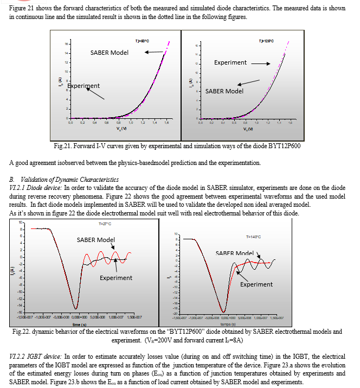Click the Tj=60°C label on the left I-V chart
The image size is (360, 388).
[142, 41]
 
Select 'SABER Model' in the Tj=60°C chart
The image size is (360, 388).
[109, 53]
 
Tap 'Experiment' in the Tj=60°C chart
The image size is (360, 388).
[83, 86]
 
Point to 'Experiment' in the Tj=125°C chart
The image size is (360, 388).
[230, 62]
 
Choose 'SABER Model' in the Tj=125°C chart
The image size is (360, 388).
[224, 91]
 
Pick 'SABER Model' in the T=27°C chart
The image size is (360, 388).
[96, 239]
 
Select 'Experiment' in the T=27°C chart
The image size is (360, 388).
[115, 278]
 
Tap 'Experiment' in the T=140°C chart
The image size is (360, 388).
[256, 284]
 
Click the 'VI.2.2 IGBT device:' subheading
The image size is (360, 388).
[35, 356]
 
